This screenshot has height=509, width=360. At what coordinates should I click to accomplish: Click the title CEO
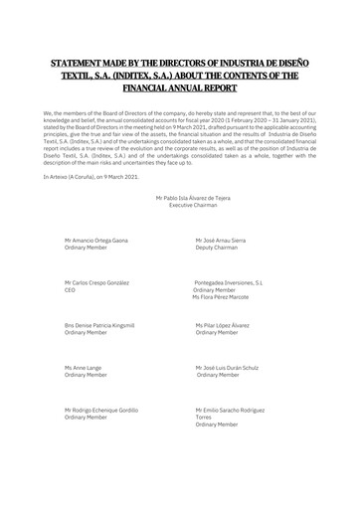pyautogui.click(x=70, y=290)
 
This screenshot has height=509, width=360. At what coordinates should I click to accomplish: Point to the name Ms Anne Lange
pyautogui.click(x=83, y=368)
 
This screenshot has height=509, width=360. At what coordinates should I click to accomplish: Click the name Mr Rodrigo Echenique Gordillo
pyautogui.click(x=102, y=411)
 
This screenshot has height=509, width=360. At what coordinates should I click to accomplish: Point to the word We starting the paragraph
pyautogui.click(x=49, y=113)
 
